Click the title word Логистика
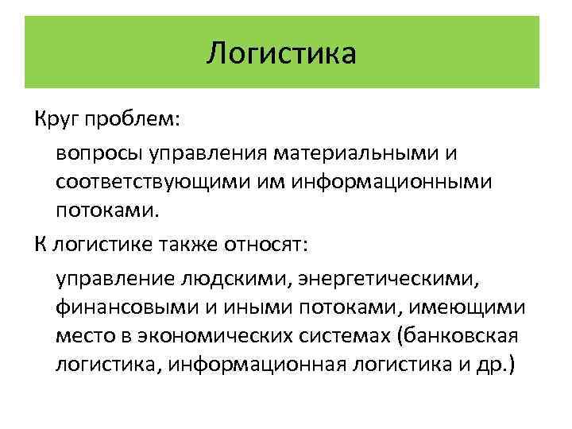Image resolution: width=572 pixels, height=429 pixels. (282, 53)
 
